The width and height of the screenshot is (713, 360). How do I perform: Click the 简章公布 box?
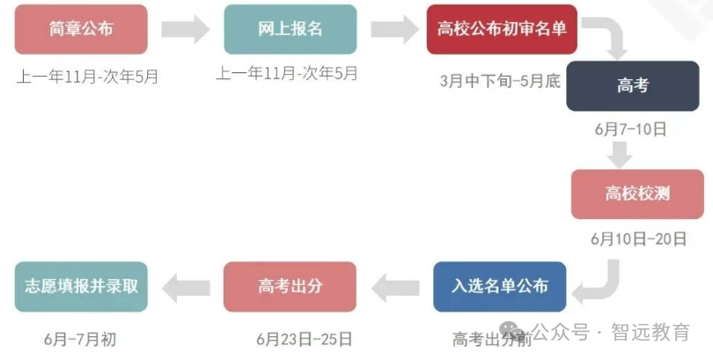[81, 30]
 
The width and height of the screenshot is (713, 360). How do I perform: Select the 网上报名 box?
[290, 30]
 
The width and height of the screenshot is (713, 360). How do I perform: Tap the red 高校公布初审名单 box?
[502, 30]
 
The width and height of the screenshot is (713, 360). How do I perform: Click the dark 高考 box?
[633, 86]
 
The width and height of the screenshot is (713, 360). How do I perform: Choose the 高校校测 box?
[637, 195]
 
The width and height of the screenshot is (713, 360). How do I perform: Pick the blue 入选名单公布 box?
[500, 287]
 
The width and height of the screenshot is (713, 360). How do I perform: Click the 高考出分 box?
[290, 287]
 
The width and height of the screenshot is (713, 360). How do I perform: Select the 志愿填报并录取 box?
[81, 287]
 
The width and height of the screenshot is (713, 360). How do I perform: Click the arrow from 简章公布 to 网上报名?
[186, 29]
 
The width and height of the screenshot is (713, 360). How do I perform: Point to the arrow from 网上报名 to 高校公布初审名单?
[394, 29]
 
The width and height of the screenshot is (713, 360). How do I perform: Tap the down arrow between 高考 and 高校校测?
[620, 155]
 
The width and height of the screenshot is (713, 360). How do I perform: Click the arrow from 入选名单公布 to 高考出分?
[395, 288]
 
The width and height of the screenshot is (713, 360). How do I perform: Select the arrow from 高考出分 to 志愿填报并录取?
[186, 288]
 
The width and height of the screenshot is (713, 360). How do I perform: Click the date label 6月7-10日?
[630, 129]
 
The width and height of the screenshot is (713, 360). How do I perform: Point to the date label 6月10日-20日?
[638, 239]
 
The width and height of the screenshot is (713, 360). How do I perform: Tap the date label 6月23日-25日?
[305, 339]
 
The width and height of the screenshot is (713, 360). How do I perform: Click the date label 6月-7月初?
[80, 339]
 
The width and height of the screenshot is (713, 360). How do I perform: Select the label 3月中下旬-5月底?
[500, 81]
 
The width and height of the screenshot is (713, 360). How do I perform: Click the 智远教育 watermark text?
[651, 332]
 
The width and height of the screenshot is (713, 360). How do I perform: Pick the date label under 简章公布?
[87, 77]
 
